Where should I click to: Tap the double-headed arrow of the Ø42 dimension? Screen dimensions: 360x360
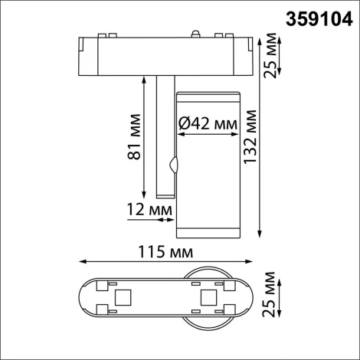click(207, 134)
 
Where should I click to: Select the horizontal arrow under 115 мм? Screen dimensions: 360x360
click(165, 263)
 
